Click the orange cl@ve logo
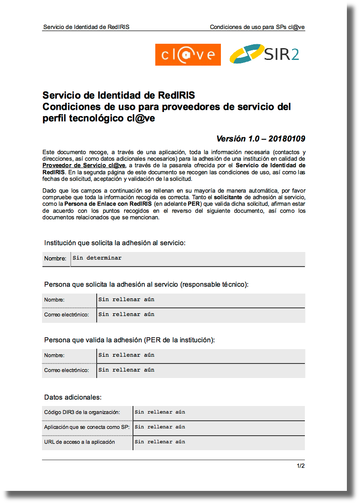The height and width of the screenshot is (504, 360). click(188, 55)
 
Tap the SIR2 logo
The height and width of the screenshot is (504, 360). click(264, 54)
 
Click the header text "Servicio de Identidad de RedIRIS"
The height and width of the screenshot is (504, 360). click(86, 27)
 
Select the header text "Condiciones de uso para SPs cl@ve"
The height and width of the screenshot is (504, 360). click(257, 27)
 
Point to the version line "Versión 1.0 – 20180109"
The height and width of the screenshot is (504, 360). click(261, 139)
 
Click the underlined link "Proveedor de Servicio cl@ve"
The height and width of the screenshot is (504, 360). click(84, 165)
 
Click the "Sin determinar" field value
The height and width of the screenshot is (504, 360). click(97, 258)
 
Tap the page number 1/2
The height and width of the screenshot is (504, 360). click(301, 465)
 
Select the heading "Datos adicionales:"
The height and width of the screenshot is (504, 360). click(73, 397)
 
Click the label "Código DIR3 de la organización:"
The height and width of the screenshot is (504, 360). click(82, 412)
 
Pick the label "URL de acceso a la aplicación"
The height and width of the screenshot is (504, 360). click(80, 442)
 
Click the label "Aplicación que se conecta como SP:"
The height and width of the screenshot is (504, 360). click(87, 427)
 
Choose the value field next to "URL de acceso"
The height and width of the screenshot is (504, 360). click(160, 442)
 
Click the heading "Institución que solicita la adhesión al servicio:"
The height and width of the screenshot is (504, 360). click(115, 242)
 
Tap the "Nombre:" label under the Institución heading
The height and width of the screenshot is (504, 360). click(55, 259)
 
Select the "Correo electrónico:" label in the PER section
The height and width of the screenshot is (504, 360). click(66, 370)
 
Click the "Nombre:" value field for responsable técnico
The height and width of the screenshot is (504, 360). click(126, 300)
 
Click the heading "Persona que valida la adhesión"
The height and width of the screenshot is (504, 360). click(129, 340)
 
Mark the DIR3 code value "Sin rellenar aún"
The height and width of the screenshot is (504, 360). click(160, 412)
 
